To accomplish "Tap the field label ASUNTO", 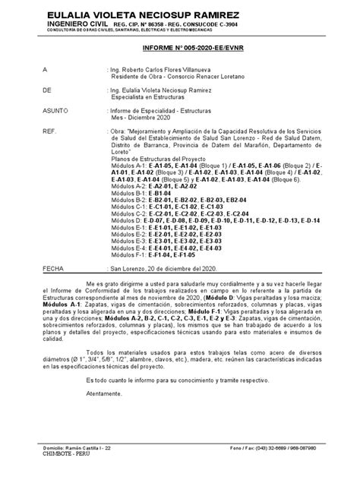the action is [54, 110].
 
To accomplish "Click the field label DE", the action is [47, 89].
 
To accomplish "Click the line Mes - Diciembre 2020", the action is [147, 118].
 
